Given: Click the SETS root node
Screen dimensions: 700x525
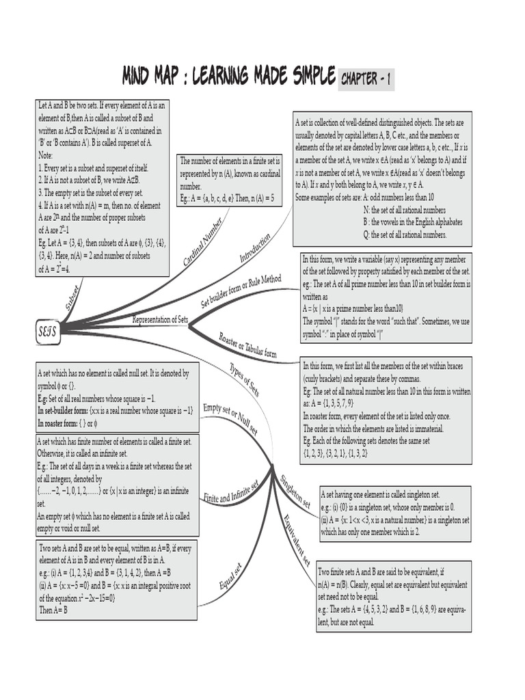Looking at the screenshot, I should [x=46, y=332].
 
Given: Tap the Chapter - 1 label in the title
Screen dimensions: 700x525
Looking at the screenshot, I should [x=366, y=79].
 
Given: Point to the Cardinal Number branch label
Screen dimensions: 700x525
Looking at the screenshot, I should [x=202, y=243].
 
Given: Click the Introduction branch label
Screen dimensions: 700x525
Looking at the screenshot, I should [x=255, y=247].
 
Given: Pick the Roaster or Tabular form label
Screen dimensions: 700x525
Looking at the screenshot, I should [x=247, y=345].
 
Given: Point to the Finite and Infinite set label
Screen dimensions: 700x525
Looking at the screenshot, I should [x=231, y=489].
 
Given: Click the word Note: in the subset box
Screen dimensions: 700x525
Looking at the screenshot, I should [x=46, y=156].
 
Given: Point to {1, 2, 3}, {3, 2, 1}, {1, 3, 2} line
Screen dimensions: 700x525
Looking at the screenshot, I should [x=336, y=453].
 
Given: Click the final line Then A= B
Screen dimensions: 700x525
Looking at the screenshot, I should [x=53, y=609].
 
